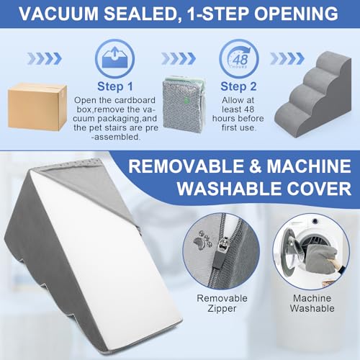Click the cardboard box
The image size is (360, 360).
(x=37, y=107)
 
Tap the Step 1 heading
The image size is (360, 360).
(x=115, y=86)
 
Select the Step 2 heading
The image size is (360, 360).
(x=238, y=86)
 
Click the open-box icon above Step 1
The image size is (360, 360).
(x=114, y=58)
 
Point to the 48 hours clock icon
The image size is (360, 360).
(x=239, y=59)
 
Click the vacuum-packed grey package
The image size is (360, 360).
(x=184, y=104)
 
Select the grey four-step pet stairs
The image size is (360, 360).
(x=312, y=94)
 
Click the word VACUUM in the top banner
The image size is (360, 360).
(x=59, y=14)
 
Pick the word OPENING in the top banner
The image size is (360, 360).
(x=296, y=14)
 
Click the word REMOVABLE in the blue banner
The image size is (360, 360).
(x=186, y=166)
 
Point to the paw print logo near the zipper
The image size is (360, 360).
(x=202, y=240)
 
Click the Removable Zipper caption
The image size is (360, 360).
(x=222, y=303)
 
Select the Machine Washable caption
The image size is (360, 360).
(x=312, y=303)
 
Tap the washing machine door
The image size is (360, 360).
(x=289, y=254)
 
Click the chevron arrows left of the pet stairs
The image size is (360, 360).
(x=287, y=58)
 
